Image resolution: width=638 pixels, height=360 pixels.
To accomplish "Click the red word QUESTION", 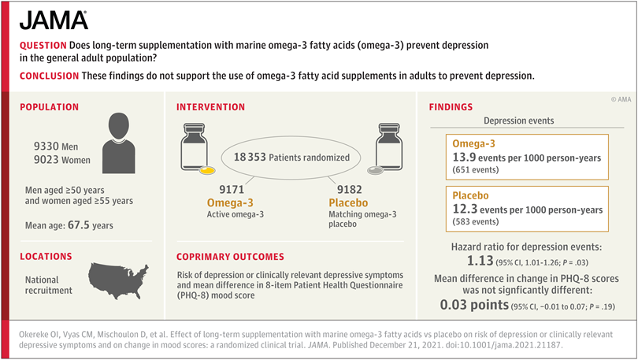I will [43, 46].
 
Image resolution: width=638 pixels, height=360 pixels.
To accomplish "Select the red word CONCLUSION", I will [48, 76].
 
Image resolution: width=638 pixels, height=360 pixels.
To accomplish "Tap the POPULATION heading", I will [50, 107].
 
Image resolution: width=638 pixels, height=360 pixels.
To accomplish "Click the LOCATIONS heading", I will [46, 257].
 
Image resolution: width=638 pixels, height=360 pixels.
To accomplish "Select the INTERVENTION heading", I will [210, 107].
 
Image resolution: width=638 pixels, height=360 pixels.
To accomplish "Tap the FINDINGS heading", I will [451, 107].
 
